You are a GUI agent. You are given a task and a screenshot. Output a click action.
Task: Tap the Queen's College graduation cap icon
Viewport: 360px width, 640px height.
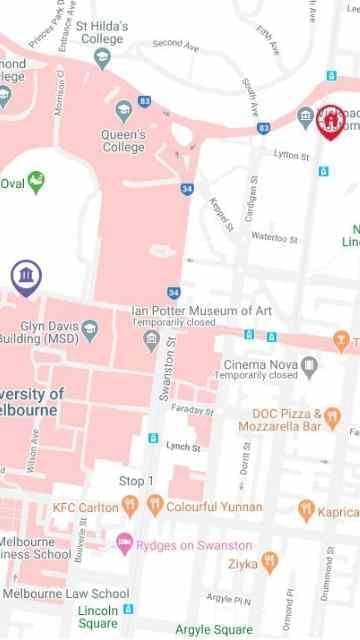pyautogui.click(x=124, y=110)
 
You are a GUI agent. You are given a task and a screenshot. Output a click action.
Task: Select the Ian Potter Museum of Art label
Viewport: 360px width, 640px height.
pyautogui.click(x=201, y=311)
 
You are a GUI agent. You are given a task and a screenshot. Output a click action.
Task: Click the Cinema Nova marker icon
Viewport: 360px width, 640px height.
pyautogui.click(x=309, y=365)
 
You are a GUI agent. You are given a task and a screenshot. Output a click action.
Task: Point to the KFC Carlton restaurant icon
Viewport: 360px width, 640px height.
pyautogui.click(x=129, y=506)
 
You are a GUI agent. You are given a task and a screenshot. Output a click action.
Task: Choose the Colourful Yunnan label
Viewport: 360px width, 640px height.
pyautogui.click(x=214, y=507)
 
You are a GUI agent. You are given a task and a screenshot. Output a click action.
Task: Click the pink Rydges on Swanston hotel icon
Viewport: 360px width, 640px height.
pyautogui.click(x=124, y=543)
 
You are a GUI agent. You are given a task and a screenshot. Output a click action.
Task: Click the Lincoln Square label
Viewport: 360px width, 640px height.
pyautogui.click(x=98, y=615)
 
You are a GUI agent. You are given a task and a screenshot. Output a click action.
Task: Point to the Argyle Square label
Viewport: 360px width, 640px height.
pyautogui.click(x=214, y=630)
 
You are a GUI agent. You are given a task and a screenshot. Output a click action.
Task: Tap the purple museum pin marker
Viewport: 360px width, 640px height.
pyautogui.click(x=27, y=276)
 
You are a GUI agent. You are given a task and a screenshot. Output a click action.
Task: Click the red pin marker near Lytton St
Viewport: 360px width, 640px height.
pyautogui.click(x=330, y=123)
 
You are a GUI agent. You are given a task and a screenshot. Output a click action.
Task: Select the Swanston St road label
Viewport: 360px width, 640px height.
pyautogui.click(x=166, y=371)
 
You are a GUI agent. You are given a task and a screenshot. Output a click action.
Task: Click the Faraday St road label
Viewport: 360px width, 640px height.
pyautogui.click(x=191, y=410)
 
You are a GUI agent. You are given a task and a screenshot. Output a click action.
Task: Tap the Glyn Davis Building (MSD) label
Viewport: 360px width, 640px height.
pyautogui.click(x=44, y=332)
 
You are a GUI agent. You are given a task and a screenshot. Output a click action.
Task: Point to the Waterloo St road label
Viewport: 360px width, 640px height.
pyautogui.click(x=274, y=237)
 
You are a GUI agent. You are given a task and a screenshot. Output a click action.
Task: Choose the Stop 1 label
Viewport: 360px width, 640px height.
pyautogui.click(x=137, y=481)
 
